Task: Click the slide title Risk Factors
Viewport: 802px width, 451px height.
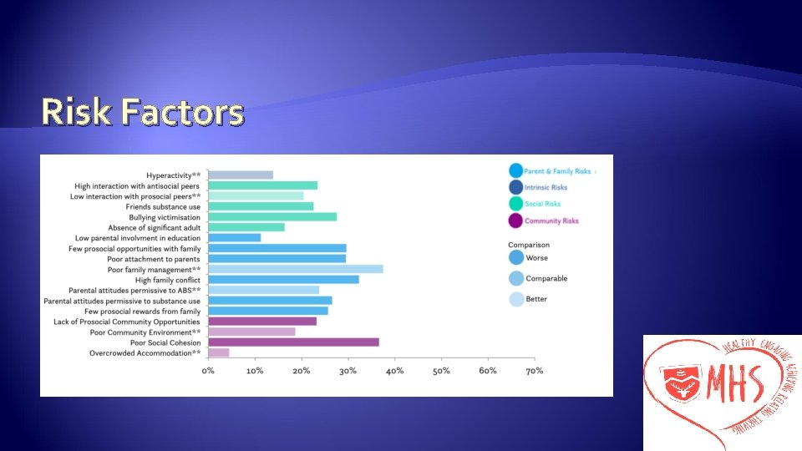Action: pyautogui.click(x=142, y=112)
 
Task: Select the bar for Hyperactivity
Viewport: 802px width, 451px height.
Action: pyautogui.click(x=241, y=175)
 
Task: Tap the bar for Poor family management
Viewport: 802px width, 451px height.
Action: pyautogui.click(x=295, y=269)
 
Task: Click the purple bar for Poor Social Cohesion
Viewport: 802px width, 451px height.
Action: pyautogui.click(x=293, y=342)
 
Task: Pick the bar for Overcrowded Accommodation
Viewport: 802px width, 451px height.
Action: pyautogui.click(x=219, y=352)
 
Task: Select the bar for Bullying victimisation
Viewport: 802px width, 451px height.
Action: pyautogui.click(x=272, y=216)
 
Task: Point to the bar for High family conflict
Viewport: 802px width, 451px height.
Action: pyautogui.click(x=283, y=279)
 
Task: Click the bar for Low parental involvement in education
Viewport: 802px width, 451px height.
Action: pyautogui.click(x=234, y=237)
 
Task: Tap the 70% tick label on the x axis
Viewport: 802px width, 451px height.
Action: pyautogui.click(x=535, y=370)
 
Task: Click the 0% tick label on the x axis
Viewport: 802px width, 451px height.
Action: pyautogui.click(x=209, y=370)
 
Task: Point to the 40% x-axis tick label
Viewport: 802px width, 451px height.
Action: pyautogui.click(x=395, y=370)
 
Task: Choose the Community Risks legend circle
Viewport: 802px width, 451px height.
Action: pyautogui.click(x=515, y=220)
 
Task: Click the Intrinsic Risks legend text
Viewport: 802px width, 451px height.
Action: pyautogui.click(x=546, y=188)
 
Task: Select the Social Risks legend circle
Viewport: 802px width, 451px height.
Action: pyautogui.click(x=515, y=204)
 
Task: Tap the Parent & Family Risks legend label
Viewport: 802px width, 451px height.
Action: pyautogui.click(x=557, y=171)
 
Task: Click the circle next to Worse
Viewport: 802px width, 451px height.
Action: pyautogui.click(x=515, y=258)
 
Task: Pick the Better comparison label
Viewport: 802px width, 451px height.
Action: pyautogui.click(x=536, y=299)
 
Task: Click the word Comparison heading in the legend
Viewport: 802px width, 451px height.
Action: pyautogui.click(x=529, y=244)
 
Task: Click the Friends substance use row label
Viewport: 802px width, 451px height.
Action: pyautogui.click(x=163, y=206)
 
